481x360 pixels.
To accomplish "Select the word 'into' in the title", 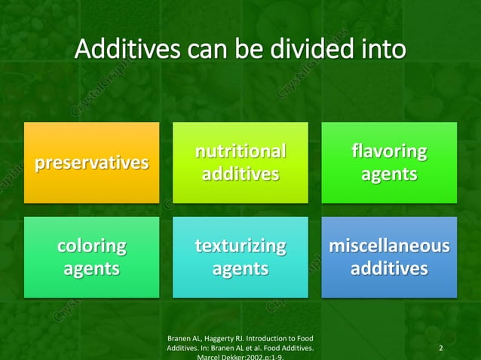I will (x=383, y=50).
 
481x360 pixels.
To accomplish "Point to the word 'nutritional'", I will (x=240, y=152).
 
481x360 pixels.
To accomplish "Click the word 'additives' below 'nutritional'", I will (x=240, y=175).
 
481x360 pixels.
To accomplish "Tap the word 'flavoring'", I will (x=389, y=152).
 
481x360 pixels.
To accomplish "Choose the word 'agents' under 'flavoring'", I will (x=389, y=175).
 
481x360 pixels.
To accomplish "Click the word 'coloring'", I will (x=92, y=246).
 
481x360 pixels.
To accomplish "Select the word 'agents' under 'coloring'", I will (x=92, y=268).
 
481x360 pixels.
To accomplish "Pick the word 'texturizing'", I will (x=240, y=246).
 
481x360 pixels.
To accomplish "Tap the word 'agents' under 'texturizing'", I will (x=240, y=268).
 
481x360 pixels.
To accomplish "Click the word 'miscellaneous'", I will (x=389, y=246).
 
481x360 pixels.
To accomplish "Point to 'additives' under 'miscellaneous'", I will (x=389, y=268).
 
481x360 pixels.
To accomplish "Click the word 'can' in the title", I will (x=203, y=50).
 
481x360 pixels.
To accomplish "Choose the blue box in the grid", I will (x=389, y=257).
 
